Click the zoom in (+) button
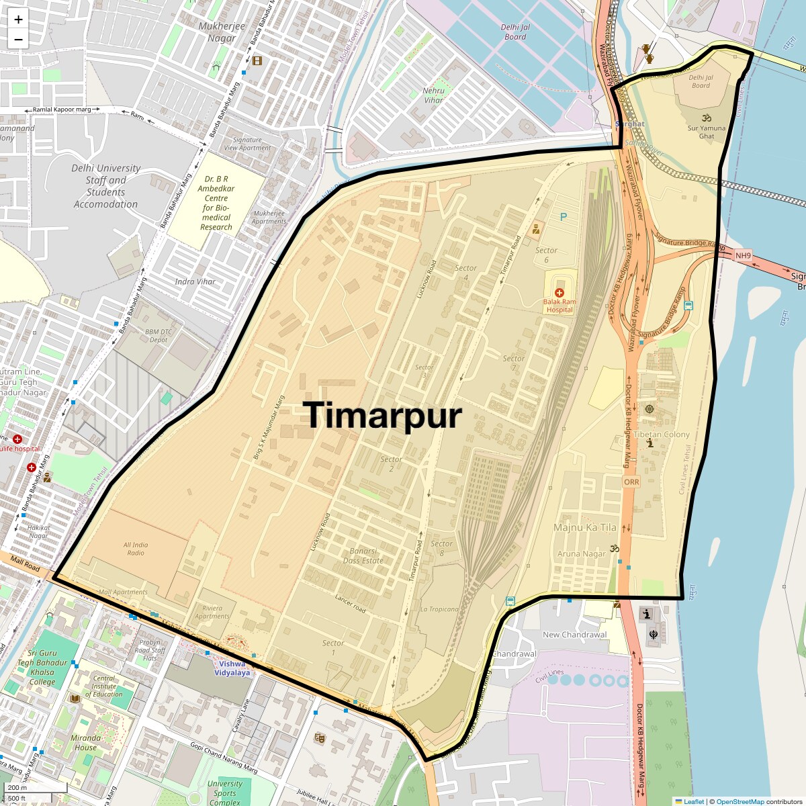[18, 20]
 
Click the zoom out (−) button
[18, 39]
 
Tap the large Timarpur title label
[383, 415]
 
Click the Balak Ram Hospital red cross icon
[559, 293]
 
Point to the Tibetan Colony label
[662, 435]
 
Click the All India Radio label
[136, 549]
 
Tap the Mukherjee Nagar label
[222, 32]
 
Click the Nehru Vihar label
[433, 95]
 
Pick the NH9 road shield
[743, 256]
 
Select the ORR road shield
[631, 482]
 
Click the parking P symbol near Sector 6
[564, 217]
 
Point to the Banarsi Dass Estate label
[363, 556]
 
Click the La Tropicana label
[439, 609]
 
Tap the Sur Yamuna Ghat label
[707, 132]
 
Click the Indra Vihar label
[195, 281]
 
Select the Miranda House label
[85, 742]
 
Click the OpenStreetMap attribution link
[740, 801]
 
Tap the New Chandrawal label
[574, 635]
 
